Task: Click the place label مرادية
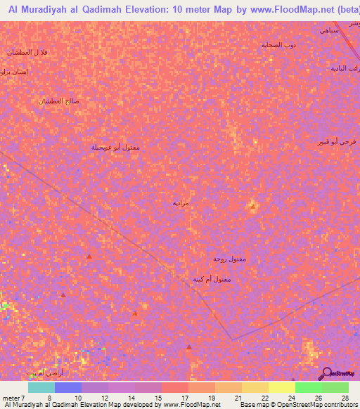(x=200, y=203)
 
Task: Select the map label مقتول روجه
(x=229, y=259)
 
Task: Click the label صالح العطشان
(x=58, y=100)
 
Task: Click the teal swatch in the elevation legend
(x=41, y=387)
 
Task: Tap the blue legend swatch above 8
(x=68, y=387)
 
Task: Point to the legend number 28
(x=345, y=398)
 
